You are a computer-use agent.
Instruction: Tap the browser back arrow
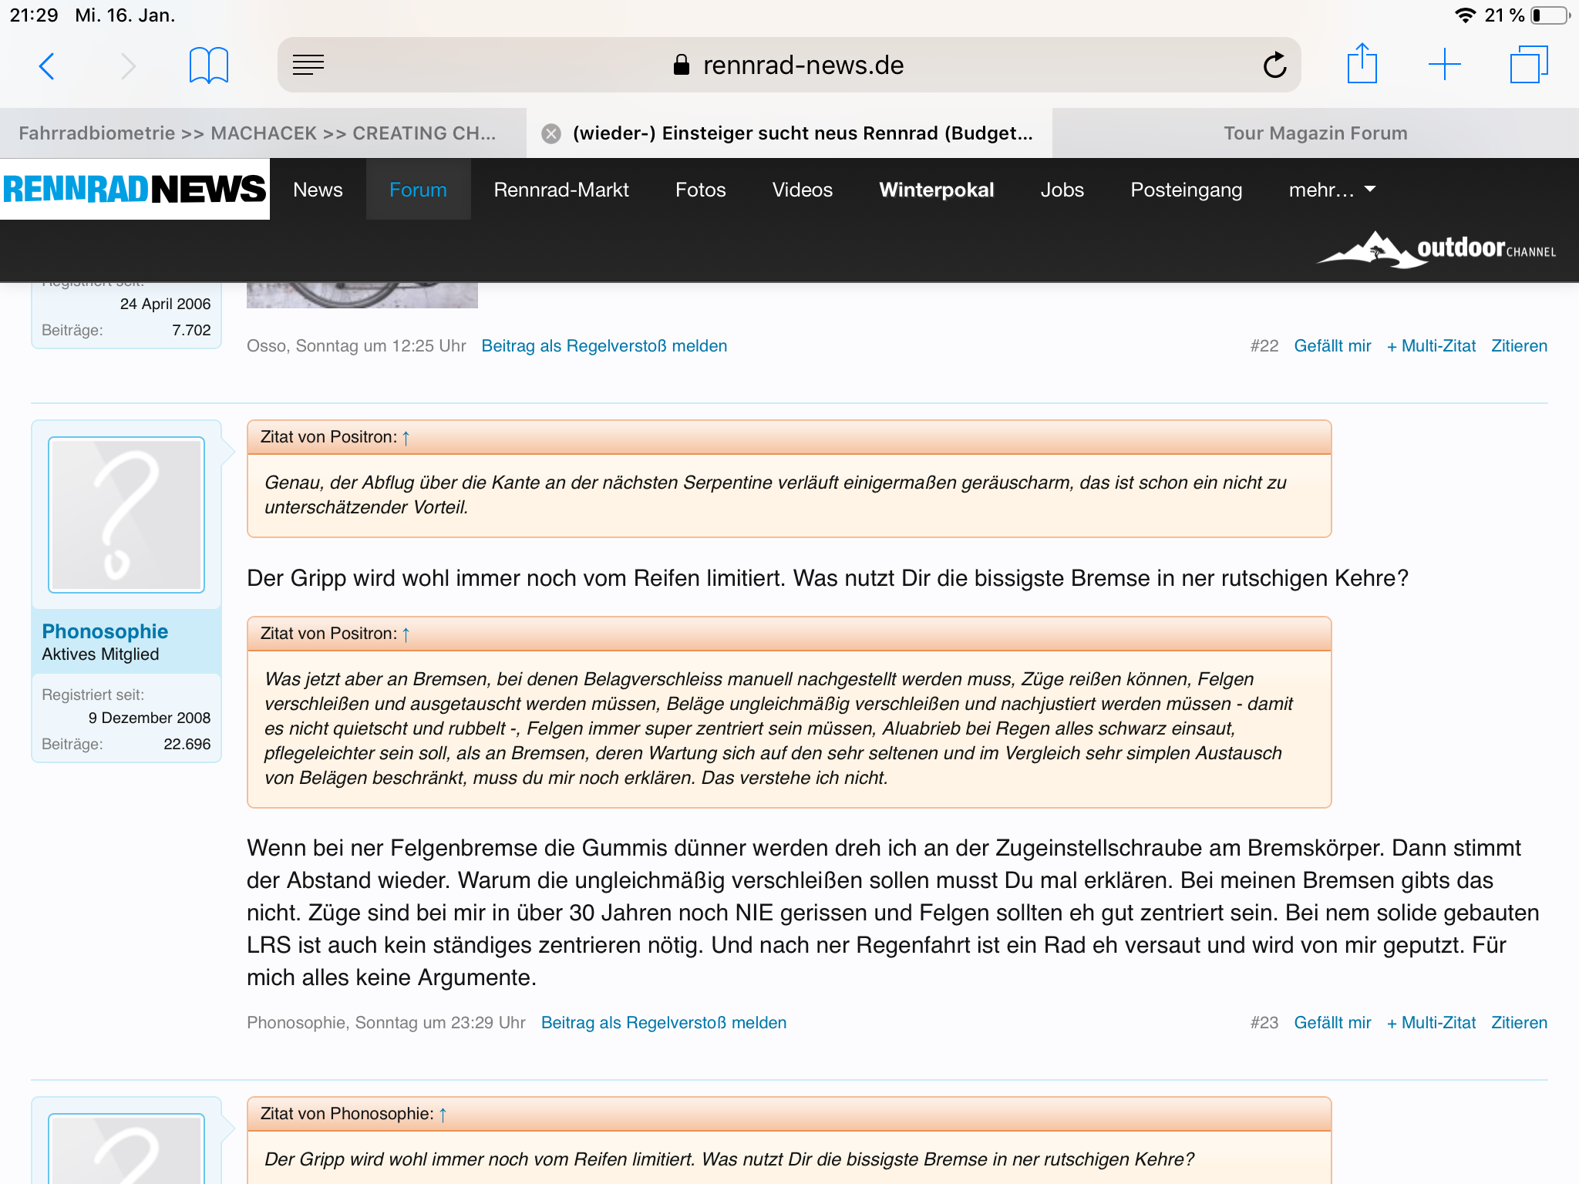click(x=47, y=66)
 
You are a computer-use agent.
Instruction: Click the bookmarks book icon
click(x=208, y=66)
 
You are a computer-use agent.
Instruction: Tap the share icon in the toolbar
click(x=1362, y=64)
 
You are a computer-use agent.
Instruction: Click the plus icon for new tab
click(x=1444, y=65)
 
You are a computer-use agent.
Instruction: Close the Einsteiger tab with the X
click(x=550, y=134)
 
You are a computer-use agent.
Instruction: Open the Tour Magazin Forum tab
click(x=1315, y=133)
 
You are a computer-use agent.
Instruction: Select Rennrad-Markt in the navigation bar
click(x=561, y=190)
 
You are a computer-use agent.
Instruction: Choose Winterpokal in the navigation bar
click(x=936, y=190)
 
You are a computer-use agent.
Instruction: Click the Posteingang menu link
click(x=1186, y=190)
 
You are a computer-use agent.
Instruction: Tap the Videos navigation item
click(x=802, y=190)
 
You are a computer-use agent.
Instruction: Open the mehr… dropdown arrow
click(x=1370, y=189)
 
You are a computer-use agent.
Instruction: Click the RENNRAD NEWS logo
click(x=135, y=189)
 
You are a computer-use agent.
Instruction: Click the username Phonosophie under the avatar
click(x=105, y=631)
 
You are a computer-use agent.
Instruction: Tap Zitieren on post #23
click(x=1519, y=1023)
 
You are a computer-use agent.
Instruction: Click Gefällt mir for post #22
click(x=1332, y=346)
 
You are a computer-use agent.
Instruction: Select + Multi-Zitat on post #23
click(x=1431, y=1023)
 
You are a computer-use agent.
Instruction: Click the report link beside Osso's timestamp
click(x=604, y=346)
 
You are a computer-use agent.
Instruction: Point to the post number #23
click(x=1264, y=1023)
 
